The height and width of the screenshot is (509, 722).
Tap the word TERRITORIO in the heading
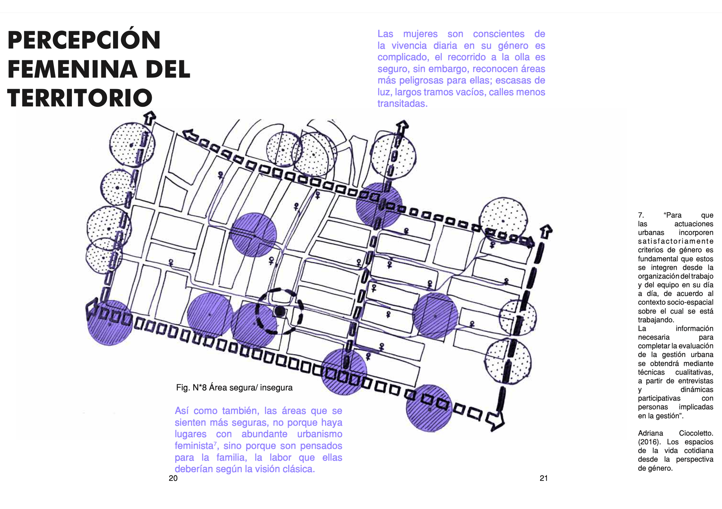coord(80,98)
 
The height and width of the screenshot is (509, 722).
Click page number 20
coord(173,478)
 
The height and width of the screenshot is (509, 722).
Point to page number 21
coord(544,478)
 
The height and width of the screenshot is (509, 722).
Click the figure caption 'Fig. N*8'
coord(191,387)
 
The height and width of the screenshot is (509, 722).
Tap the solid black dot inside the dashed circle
coord(280,311)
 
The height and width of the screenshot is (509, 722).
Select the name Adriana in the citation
coord(650,433)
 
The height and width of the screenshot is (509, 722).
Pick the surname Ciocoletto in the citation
coord(696,433)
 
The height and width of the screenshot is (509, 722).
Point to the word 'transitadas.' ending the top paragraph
coord(402,104)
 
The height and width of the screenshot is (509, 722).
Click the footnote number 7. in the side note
coord(641,215)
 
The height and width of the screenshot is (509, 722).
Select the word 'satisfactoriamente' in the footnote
coord(676,241)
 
